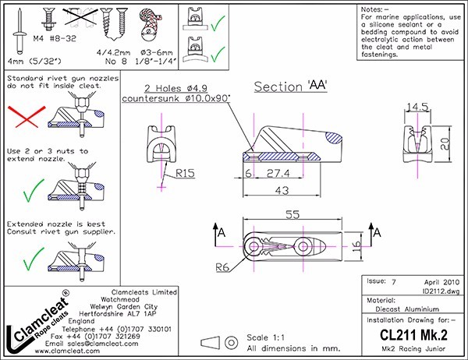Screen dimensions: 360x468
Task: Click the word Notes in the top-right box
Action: [x=378, y=9]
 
